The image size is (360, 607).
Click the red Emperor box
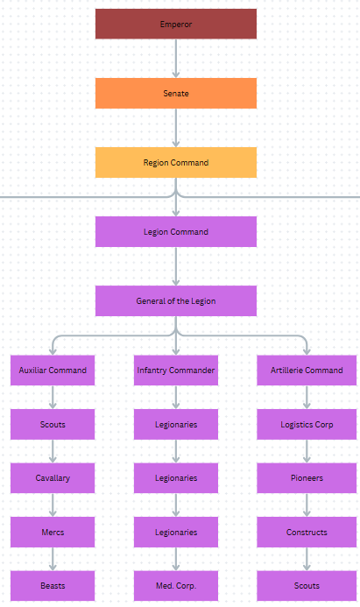175,25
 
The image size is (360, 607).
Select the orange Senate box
175,93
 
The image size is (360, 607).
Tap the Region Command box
175,162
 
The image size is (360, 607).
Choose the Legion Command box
175,232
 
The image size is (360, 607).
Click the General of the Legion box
175,300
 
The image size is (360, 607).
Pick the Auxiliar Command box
53,371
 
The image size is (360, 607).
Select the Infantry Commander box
175,371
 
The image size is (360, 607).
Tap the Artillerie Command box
307,371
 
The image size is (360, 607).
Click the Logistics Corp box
307,425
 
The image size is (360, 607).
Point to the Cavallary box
53,478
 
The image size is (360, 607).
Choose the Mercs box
53,532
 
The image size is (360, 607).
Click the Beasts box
53,586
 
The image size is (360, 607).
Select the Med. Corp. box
175,586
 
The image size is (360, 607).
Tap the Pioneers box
307,478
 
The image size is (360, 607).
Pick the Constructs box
307,532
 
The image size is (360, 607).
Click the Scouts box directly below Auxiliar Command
53,425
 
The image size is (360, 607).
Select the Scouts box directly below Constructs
307,586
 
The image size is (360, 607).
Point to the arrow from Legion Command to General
176,266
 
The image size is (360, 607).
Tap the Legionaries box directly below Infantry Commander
175,425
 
